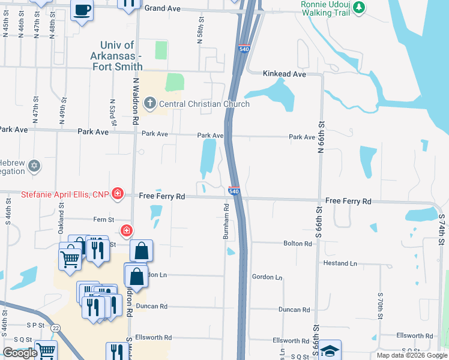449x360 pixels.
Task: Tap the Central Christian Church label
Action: pos(204,104)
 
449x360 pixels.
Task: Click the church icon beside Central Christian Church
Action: pos(149,104)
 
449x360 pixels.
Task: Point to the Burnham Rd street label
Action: pos(226,222)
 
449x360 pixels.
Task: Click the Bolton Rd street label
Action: pos(298,244)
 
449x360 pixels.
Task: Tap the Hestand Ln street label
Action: pos(340,263)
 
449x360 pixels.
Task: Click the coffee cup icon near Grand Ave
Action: pos(82,10)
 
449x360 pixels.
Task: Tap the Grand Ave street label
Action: pos(163,8)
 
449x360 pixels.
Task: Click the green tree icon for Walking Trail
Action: pos(359,7)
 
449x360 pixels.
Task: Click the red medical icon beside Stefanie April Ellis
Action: pos(118,194)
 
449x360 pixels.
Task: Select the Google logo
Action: pos(20,353)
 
